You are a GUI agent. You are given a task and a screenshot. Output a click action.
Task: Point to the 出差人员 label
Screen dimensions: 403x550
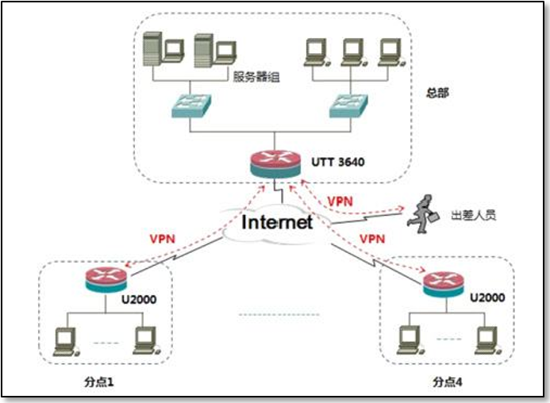(x=473, y=215)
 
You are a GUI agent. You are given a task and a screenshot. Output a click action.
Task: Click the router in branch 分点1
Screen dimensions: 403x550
(x=106, y=278)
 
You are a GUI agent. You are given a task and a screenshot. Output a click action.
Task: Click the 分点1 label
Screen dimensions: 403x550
(x=100, y=382)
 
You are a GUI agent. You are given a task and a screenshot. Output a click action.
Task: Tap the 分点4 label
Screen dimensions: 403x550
(x=448, y=382)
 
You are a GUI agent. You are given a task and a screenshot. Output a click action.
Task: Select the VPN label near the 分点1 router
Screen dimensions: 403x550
(x=161, y=238)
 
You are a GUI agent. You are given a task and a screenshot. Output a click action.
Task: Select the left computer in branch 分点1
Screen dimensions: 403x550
(x=63, y=340)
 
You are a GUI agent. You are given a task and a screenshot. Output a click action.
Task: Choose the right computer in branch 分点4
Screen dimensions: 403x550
(x=485, y=340)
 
